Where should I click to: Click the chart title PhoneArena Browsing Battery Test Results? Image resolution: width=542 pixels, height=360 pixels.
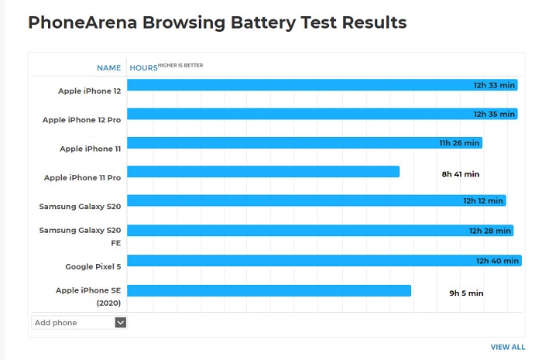click(x=217, y=23)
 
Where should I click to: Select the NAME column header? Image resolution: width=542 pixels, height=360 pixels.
click(x=108, y=68)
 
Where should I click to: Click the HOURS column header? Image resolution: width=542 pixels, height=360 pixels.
click(x=143, y=68)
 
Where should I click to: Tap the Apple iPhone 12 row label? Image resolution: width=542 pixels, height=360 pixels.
click(x=89, y=91)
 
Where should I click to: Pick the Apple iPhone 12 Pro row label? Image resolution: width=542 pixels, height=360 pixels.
click(x=81, y=120)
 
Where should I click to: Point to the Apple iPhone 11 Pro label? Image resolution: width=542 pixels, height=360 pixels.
click(x=82, y=178)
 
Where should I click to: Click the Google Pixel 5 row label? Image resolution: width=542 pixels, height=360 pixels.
click(x=93, y=266)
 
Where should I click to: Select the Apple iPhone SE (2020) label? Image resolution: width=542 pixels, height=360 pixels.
click(x=88, y=297)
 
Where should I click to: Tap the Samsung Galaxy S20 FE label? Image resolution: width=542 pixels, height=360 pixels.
click(x=81, y=236)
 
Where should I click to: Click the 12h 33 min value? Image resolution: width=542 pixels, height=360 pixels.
click(x=494, y=85)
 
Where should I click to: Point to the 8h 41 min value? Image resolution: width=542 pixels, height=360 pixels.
click(x=461, y=174)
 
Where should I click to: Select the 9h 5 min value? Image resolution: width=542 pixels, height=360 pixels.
click(x=466, y=293)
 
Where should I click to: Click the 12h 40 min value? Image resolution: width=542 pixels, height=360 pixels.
click(x=497, y=261)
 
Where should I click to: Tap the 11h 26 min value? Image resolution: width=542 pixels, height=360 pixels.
click(x=460, y=143)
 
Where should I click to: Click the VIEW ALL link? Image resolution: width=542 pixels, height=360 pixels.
click(x=508, y=348)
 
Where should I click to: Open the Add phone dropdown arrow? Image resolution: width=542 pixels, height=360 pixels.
click(x=120, y=323)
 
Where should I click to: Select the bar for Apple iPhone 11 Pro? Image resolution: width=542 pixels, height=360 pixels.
click(x=263, y=172)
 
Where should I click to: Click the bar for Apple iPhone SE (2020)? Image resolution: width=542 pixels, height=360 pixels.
click(x=269, y=290)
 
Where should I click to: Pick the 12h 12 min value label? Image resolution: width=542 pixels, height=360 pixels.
click(x=483, y=201)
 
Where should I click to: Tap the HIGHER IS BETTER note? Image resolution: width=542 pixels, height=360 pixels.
click(x=180, y=66)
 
